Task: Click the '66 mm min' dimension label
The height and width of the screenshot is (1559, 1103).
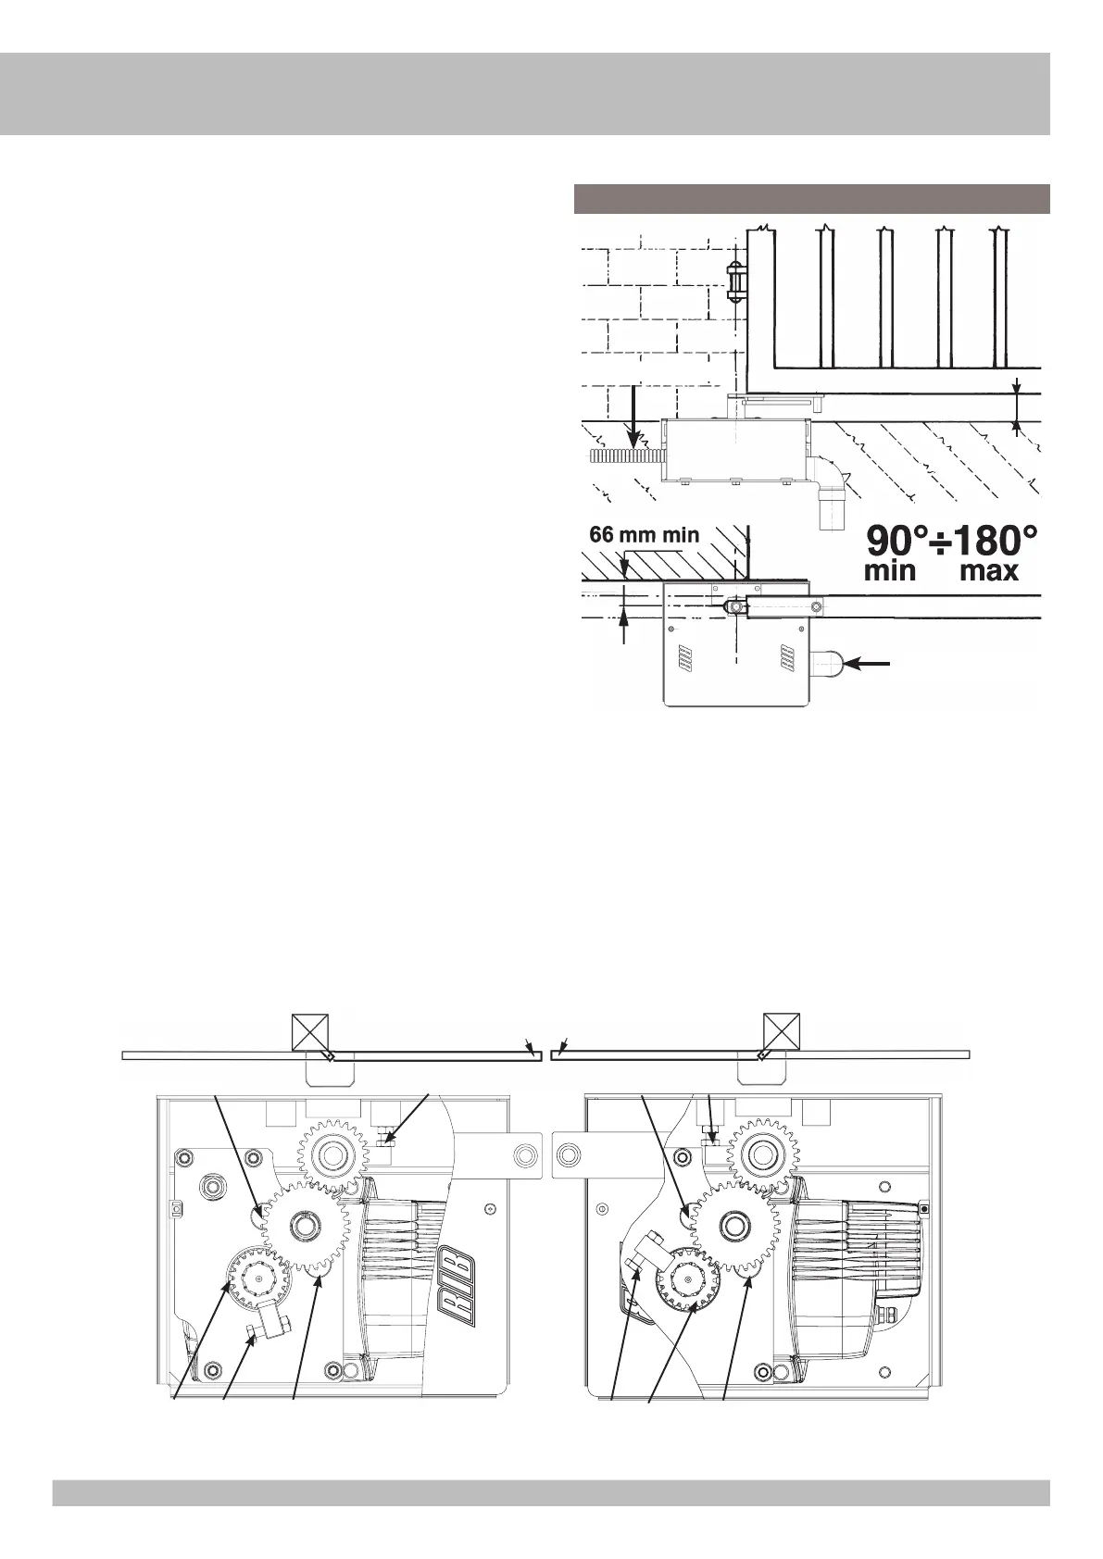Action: [x=645, y=535]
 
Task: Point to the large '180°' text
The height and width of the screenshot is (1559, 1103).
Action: [x=994, y=541]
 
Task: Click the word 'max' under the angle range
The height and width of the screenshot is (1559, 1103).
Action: [x=989, y=571]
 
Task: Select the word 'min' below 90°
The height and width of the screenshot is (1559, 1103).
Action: [x=890, y=571]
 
